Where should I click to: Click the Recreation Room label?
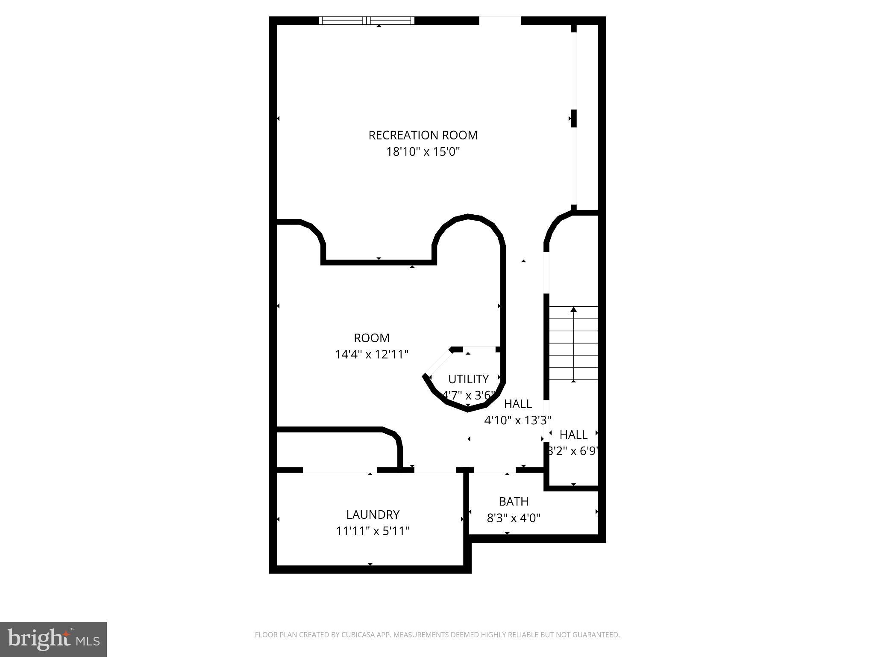tap(423, 135)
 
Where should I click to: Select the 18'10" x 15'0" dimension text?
tap(423, 152)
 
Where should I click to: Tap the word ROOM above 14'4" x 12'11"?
tap(371, 338)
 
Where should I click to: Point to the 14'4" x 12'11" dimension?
tap(371, 355)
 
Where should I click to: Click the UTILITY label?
tap(468, 379)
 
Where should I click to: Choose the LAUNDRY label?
tap(373, 515)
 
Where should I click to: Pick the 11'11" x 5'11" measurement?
tap(373, 531)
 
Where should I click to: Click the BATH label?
tap(514, 501)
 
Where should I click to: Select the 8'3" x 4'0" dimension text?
tap(514, 518)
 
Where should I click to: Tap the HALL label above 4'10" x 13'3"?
tap(518, 404)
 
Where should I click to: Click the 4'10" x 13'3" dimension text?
tap(517, 420)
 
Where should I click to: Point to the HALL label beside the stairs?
tap(573, 435)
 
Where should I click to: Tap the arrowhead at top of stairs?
tap(573, 309)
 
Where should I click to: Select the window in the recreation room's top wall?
tap(367, 21)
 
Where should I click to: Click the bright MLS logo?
tap(53, 639)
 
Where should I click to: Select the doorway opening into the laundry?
tap(340, 470)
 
